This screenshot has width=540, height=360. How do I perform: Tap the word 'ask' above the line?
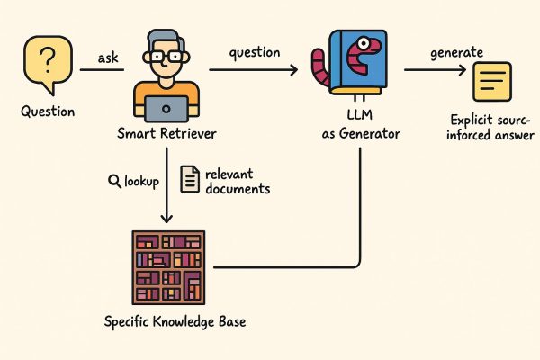point(108,58)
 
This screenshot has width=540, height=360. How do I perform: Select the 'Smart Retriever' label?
point(166,134)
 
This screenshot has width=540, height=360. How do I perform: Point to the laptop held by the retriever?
point(166,108)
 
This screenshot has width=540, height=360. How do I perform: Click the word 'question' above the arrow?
point(254,53)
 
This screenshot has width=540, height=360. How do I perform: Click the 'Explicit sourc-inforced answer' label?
point(490,128)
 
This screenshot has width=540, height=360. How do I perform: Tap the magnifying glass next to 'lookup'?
point(114,181)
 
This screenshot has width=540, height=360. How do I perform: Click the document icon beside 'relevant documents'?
point(190,179)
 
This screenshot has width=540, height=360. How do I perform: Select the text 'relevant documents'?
point(237,181)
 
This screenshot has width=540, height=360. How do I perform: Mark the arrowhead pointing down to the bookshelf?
point(166,220)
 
